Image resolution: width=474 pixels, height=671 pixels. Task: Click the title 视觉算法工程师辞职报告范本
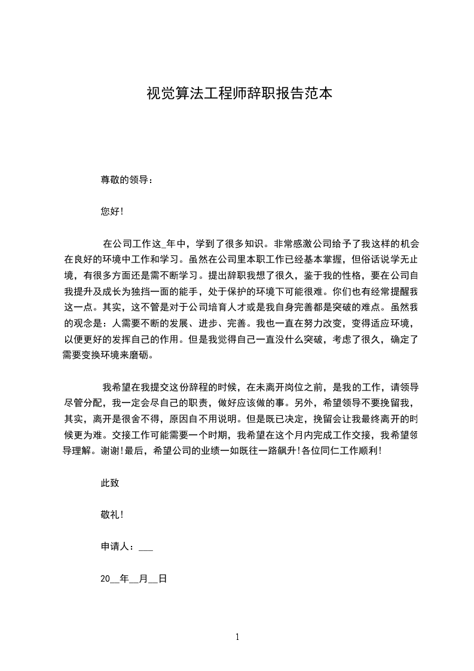(x=239, y=94)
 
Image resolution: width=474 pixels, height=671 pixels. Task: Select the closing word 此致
(x=110, y=483)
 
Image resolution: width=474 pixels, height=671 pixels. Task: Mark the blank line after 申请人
(x=146, y=548)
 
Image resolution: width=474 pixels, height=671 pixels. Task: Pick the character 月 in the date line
(x=142, y=579)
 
